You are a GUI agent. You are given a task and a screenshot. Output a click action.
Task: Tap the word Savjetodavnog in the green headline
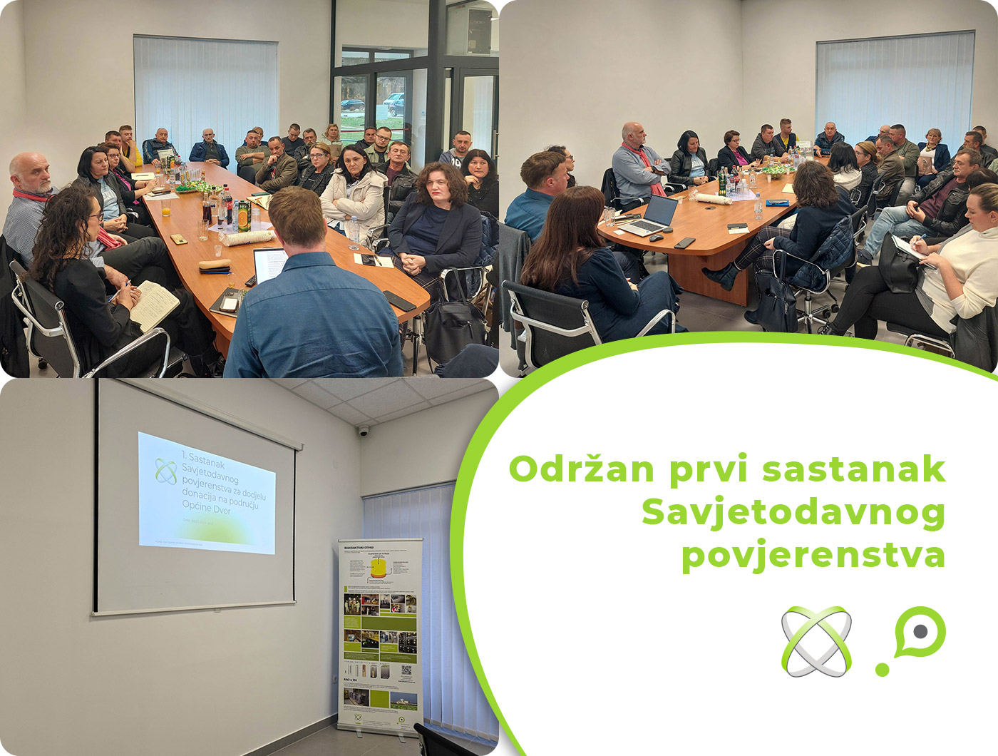click(x=793, y=513)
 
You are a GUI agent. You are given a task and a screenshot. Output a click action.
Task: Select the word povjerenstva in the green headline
click(x=813, y=556)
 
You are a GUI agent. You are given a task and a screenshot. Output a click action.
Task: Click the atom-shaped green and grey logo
click(x=816, y=641)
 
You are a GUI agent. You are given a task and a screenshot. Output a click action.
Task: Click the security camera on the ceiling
click(x=363, y=431)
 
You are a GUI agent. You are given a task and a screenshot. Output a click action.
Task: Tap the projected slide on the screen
click(x=206, y=492)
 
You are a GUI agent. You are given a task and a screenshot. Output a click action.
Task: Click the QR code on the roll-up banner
click(x=406, y=670)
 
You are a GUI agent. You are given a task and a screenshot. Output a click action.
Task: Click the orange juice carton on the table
click(x=244, y=216)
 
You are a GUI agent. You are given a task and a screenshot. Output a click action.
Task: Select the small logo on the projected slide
click(x=166, y=471)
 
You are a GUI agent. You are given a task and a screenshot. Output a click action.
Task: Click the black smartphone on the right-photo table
click(x=684, y=242)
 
